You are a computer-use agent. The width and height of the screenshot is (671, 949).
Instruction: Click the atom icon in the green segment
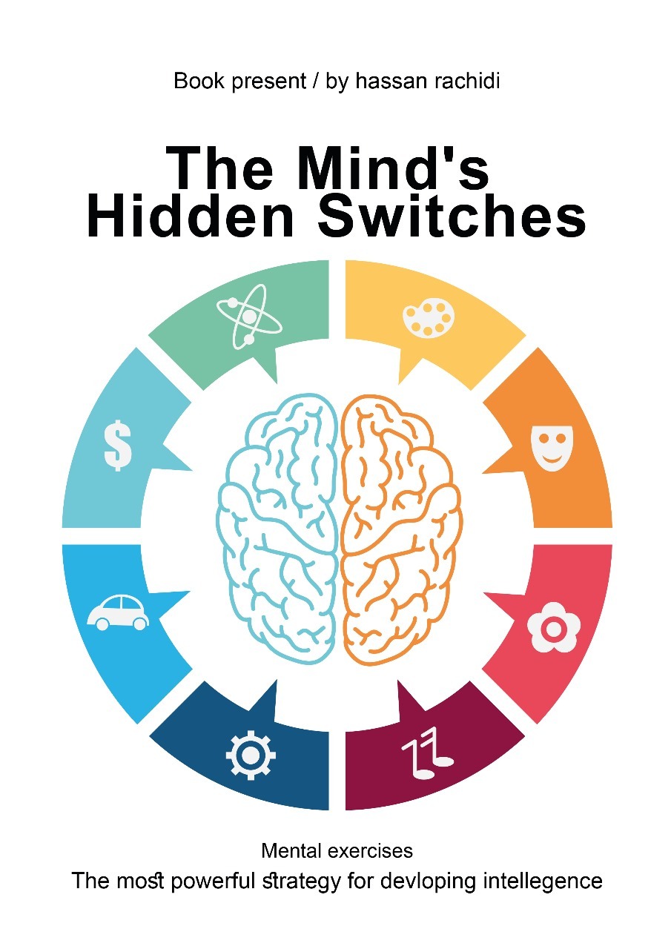249,320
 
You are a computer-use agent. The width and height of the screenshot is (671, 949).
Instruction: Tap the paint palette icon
429,318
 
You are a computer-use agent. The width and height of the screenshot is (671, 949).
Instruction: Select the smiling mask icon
554,447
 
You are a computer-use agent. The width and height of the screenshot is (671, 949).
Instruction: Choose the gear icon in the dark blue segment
251,755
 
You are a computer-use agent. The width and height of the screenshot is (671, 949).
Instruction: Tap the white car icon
118,612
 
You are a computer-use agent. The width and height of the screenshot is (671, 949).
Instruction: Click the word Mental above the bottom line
294,850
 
